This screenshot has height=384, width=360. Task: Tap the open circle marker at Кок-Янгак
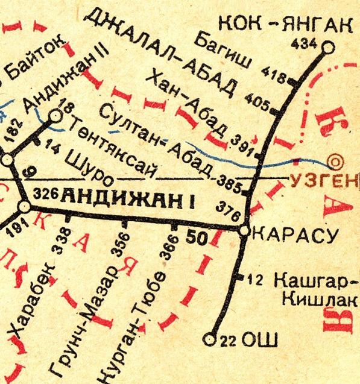(328, 47)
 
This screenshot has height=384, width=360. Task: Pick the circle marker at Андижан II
(55, 115)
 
